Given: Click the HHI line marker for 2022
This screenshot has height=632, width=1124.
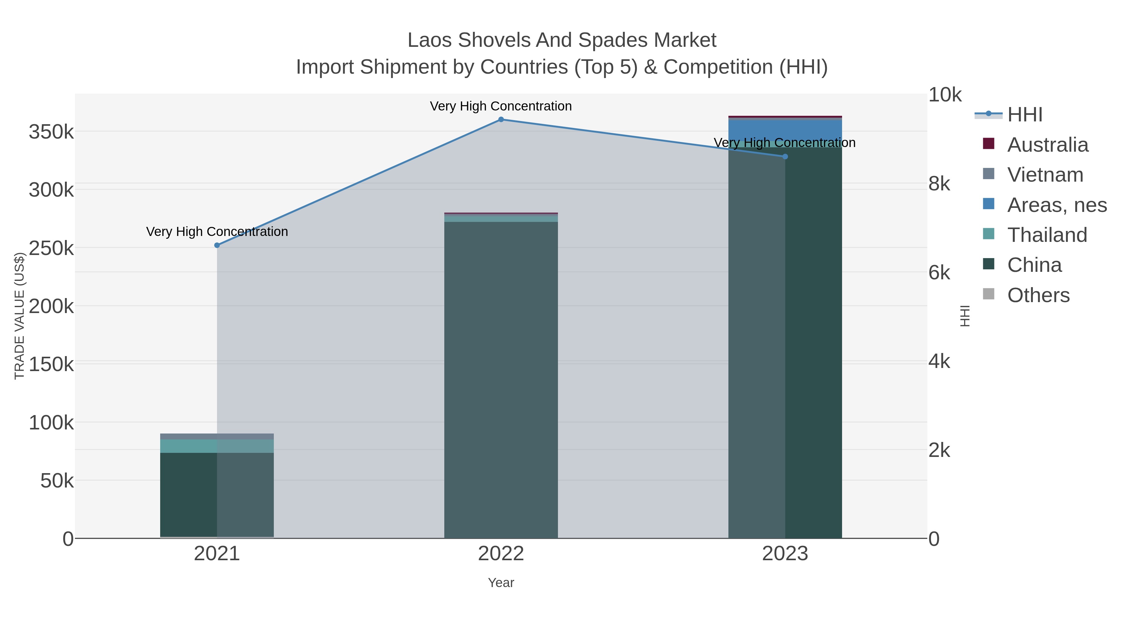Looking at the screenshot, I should coord(501,120).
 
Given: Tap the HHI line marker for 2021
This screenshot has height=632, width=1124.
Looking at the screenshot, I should coord(217,245).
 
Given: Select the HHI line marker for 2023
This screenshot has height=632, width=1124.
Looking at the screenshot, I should coord(785,157).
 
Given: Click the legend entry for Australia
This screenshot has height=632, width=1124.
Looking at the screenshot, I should coord(1048,145).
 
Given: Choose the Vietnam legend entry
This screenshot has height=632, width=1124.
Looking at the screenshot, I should coord(1045,174).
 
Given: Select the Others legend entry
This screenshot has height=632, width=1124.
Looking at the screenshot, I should coord(1038,295).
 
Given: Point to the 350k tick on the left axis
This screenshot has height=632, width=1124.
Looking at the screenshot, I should coord(52,131).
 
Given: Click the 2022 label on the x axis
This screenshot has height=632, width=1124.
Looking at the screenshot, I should coord(501,553).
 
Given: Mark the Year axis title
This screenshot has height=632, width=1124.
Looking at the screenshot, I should coord(501,583).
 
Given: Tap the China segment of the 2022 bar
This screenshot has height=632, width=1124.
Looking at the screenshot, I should coord(501,380).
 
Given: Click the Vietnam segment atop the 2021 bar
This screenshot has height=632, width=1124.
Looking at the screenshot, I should coord(217,436).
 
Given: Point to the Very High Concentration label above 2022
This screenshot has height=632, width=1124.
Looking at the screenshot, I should coord(501,106).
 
